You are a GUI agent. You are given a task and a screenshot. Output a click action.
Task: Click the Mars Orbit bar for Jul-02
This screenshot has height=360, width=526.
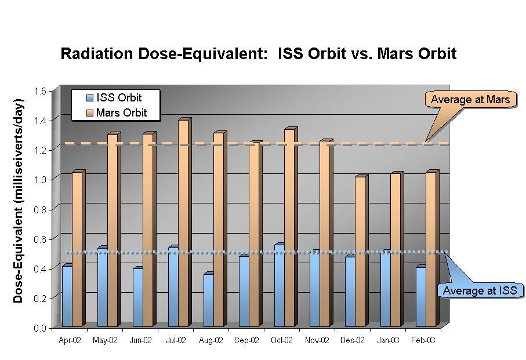point(183,223)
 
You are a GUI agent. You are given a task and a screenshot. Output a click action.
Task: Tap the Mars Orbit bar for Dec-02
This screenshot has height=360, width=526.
point(360,252)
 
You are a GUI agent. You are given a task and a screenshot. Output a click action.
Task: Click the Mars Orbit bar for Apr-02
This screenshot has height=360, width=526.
point(77,249)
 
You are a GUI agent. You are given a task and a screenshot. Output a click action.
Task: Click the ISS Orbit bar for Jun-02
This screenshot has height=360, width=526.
point(137,297)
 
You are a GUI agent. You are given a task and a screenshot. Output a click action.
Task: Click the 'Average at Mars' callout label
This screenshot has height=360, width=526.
point(470,100)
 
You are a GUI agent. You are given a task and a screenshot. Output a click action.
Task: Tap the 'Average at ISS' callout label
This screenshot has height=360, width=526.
point(479,290)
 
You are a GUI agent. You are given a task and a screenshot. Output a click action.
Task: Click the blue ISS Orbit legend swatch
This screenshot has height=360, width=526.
point(89,98)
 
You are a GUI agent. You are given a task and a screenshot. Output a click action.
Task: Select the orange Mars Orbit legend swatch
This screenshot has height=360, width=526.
point(89,112)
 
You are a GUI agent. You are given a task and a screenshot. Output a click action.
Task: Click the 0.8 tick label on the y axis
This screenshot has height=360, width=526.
point(39,209)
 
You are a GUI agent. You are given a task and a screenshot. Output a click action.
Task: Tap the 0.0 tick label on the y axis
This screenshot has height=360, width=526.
point(39,328)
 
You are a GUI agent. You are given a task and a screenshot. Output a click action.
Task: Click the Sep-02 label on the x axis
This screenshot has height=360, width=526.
point(246,341)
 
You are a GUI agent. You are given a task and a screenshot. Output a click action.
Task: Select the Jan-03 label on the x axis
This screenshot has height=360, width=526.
point(388,341)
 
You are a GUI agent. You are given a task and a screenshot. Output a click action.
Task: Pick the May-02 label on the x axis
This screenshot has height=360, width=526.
point(105,341)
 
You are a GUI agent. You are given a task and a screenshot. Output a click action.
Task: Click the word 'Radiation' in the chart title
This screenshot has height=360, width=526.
point(96,54)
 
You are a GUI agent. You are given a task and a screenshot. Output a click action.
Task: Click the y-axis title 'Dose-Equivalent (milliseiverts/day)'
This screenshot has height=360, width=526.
point(19,201)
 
